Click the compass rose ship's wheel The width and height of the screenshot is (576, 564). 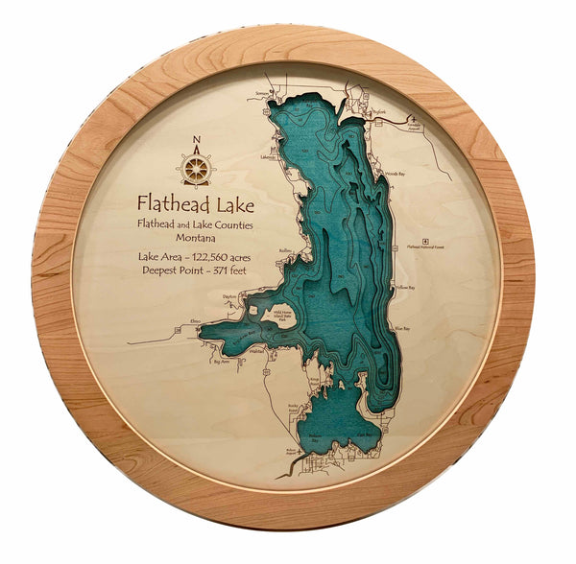[197, 171]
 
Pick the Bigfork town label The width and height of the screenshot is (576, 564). [377, 111]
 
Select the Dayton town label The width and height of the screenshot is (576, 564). [228, 298]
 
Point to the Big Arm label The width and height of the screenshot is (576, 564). [222, 363]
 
